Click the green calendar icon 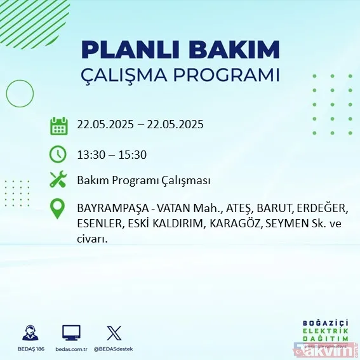58,125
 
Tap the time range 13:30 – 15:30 110,154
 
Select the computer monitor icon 71,333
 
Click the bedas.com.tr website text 71,349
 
